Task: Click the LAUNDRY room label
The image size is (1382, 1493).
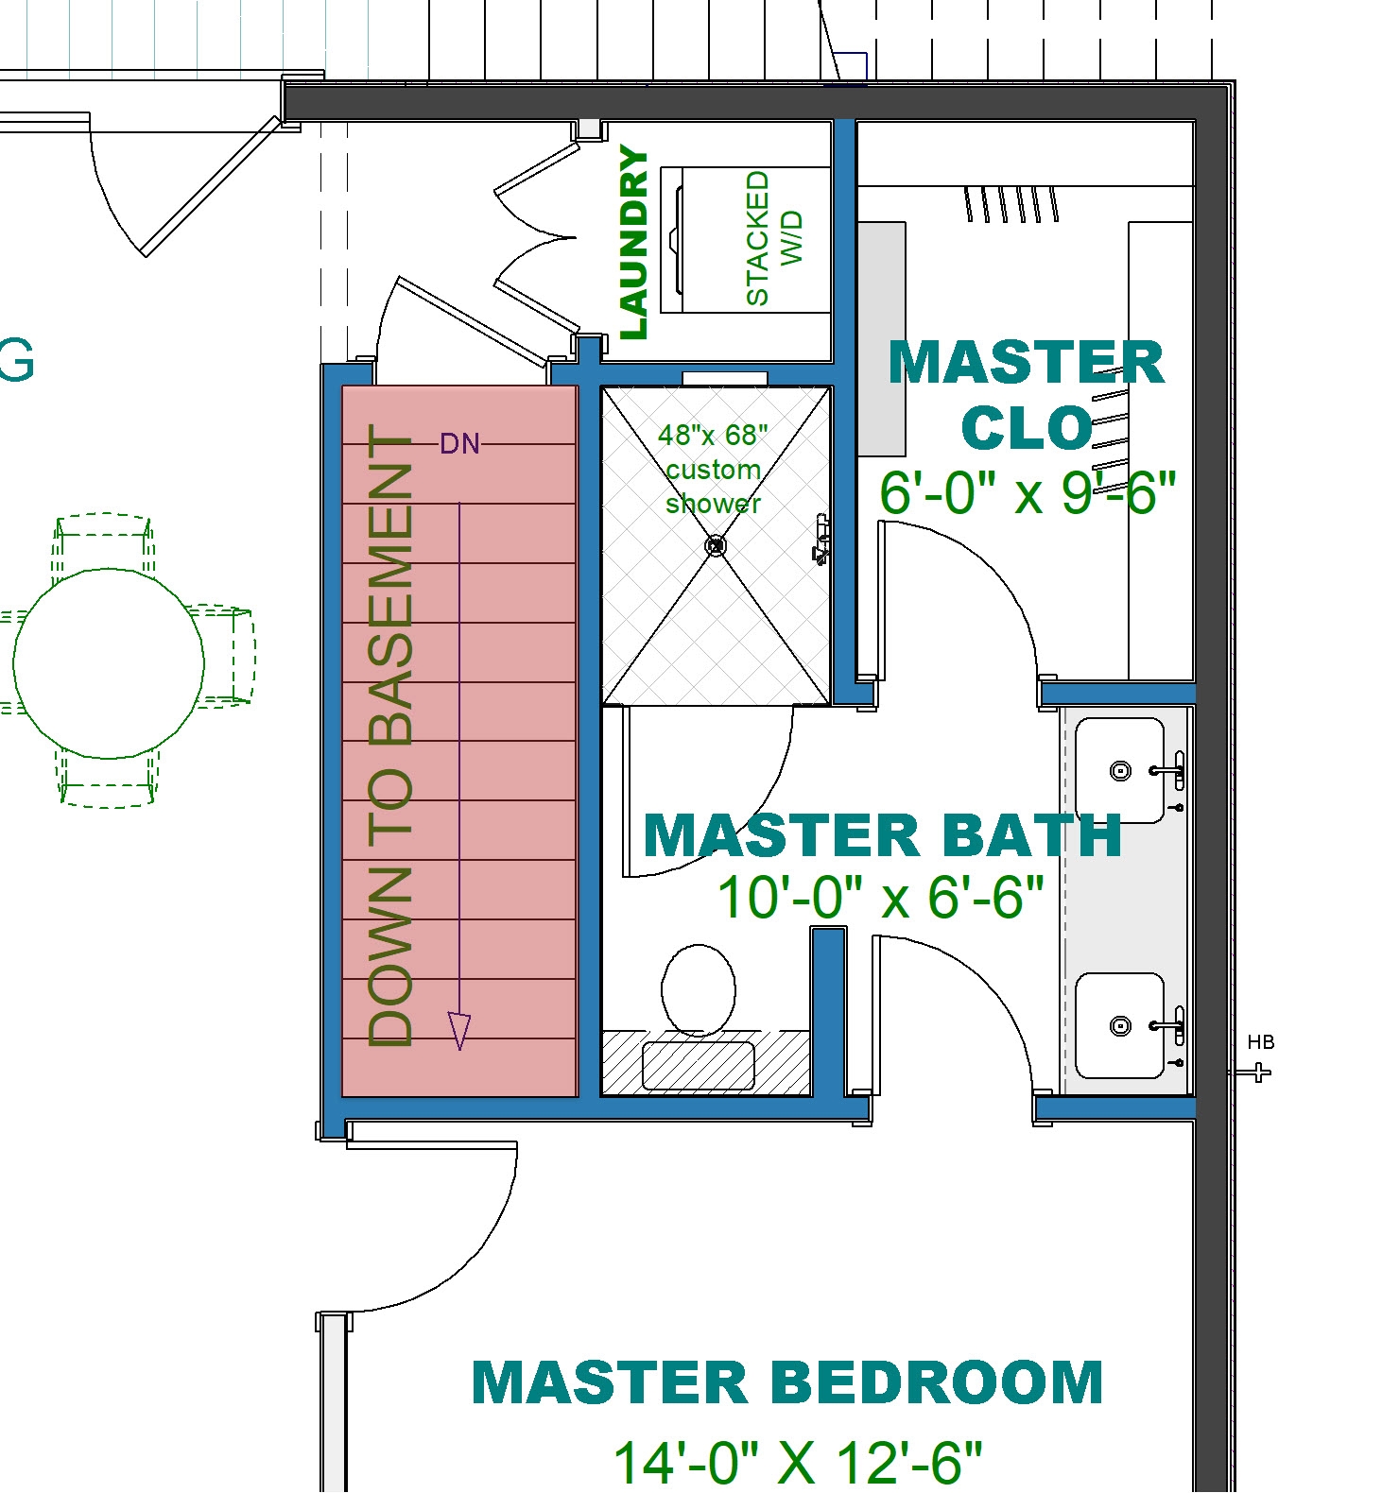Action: tap(634, 243)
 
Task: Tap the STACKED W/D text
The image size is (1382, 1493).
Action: tap(772, 238)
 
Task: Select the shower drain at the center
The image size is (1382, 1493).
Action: tap(717, 545)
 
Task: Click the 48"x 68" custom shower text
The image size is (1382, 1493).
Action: tap(713, 469)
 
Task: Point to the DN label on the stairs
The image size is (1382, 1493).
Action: tap(459, 443)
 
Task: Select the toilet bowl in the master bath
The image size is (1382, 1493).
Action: tap(699, 989)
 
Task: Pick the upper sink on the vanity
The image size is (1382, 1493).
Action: tap(1120, 771)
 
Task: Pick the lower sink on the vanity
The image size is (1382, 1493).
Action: tap(1120, 1025)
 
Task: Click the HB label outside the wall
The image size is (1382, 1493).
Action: tap(1261, 1042)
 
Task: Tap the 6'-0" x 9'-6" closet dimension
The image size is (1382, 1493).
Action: tap(1028, 492)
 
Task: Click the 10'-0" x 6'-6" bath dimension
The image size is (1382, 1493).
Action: tap(880, 896)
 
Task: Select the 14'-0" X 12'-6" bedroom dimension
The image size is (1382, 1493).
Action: tap(798, 1462)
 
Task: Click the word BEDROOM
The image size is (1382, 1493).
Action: tap(938, 1382)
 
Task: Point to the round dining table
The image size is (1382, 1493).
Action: tap(109, 663)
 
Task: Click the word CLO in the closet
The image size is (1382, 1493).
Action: tap(1028, 428)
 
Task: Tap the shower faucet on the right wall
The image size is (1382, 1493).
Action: tap(821, 540)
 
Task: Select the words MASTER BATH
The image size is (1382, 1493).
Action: tap(882, 836)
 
